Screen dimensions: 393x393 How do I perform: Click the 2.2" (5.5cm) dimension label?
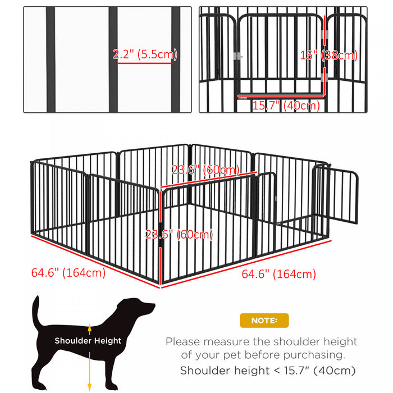coord(145,54)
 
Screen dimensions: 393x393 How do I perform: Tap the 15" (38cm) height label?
coord(328,55)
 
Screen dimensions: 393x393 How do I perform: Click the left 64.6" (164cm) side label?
coord(68,273)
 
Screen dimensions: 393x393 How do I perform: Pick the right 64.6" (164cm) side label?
coord(278,274)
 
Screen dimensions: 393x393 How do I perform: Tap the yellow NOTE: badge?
coord(264,321)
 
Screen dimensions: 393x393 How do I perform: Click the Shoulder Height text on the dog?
coord(88,340)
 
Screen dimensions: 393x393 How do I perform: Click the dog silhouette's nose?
coord(153,306)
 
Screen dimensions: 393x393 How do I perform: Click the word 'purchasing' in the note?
coord(316,355)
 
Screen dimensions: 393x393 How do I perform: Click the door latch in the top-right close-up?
coord(238,56)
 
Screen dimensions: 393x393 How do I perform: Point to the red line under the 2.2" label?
coord(144,63)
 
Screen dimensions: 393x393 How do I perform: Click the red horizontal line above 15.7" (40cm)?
coord(281,96)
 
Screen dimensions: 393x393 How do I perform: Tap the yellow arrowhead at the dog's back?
coord(89,326)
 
